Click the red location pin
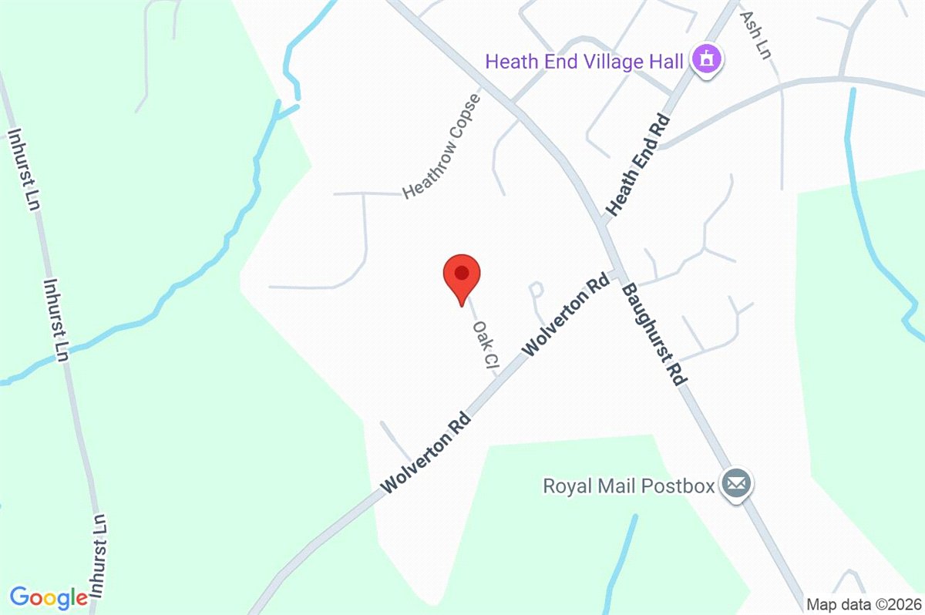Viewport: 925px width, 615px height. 462,276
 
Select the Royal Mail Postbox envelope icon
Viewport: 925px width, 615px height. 736,485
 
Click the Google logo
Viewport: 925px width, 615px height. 49,597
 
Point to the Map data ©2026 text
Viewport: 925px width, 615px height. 863,604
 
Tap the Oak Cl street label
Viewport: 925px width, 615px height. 483,345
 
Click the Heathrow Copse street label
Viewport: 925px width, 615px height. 442,146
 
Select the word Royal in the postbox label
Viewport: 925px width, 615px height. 566,486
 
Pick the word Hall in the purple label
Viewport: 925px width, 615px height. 668,60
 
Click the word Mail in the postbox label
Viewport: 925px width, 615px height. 615,486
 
